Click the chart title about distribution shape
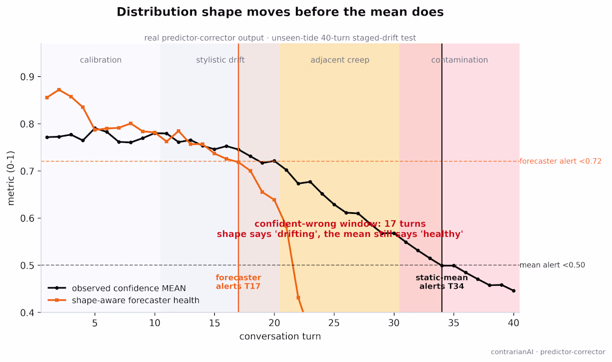(280, 12)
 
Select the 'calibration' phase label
(101, 60)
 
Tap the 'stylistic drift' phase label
(220, 60)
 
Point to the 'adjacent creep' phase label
(339, 60)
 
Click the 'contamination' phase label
(460, 60)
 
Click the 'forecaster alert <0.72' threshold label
(560, 162)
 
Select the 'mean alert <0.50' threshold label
(552, 265)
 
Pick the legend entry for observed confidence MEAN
(117, 288)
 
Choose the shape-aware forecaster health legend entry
(124, 300)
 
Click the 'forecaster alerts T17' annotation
(239, 282)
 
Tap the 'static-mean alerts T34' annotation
(442, 282)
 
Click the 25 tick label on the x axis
(334, 324)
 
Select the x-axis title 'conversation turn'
(280, 336)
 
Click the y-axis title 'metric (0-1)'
(11, 178)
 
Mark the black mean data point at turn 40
(514, 291)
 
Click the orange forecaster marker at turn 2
(59, 90)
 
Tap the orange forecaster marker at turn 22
(298, 297)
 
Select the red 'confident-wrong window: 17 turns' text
(340, 224)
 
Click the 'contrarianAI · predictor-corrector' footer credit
(548, 352)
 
